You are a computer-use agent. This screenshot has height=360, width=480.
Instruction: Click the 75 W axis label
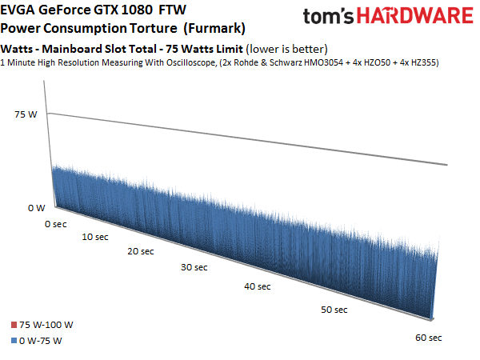tap(26, 114)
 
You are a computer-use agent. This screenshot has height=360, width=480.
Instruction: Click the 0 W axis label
tap(37, 208)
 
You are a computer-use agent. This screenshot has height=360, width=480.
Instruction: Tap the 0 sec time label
tap(56, 224)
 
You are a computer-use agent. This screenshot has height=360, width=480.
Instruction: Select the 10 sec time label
tap(95, 237)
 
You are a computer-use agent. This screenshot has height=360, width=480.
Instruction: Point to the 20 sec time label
tap(141, 251)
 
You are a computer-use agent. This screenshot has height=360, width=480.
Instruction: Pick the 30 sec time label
tap(194, 267)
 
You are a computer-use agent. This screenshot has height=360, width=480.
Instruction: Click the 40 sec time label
tap(258, 286)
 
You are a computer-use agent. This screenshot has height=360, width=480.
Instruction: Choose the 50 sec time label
tap(334, 310)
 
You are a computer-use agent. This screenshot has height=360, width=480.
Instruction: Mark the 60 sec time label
tap(429, 338)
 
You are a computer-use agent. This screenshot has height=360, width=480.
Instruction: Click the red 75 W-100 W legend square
tap(14, 325)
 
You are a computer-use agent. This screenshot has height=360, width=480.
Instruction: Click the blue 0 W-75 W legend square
tap(14, 341)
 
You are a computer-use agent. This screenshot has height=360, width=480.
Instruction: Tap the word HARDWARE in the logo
tap(415, 16)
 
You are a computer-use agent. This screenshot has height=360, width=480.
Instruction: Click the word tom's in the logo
tap(328, 17)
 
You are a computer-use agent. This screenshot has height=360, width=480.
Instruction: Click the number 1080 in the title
tap(137, 10)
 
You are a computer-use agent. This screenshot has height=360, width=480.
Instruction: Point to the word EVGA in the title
tap(18, 10)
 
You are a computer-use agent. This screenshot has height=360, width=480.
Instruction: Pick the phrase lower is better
tap(286, 49)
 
